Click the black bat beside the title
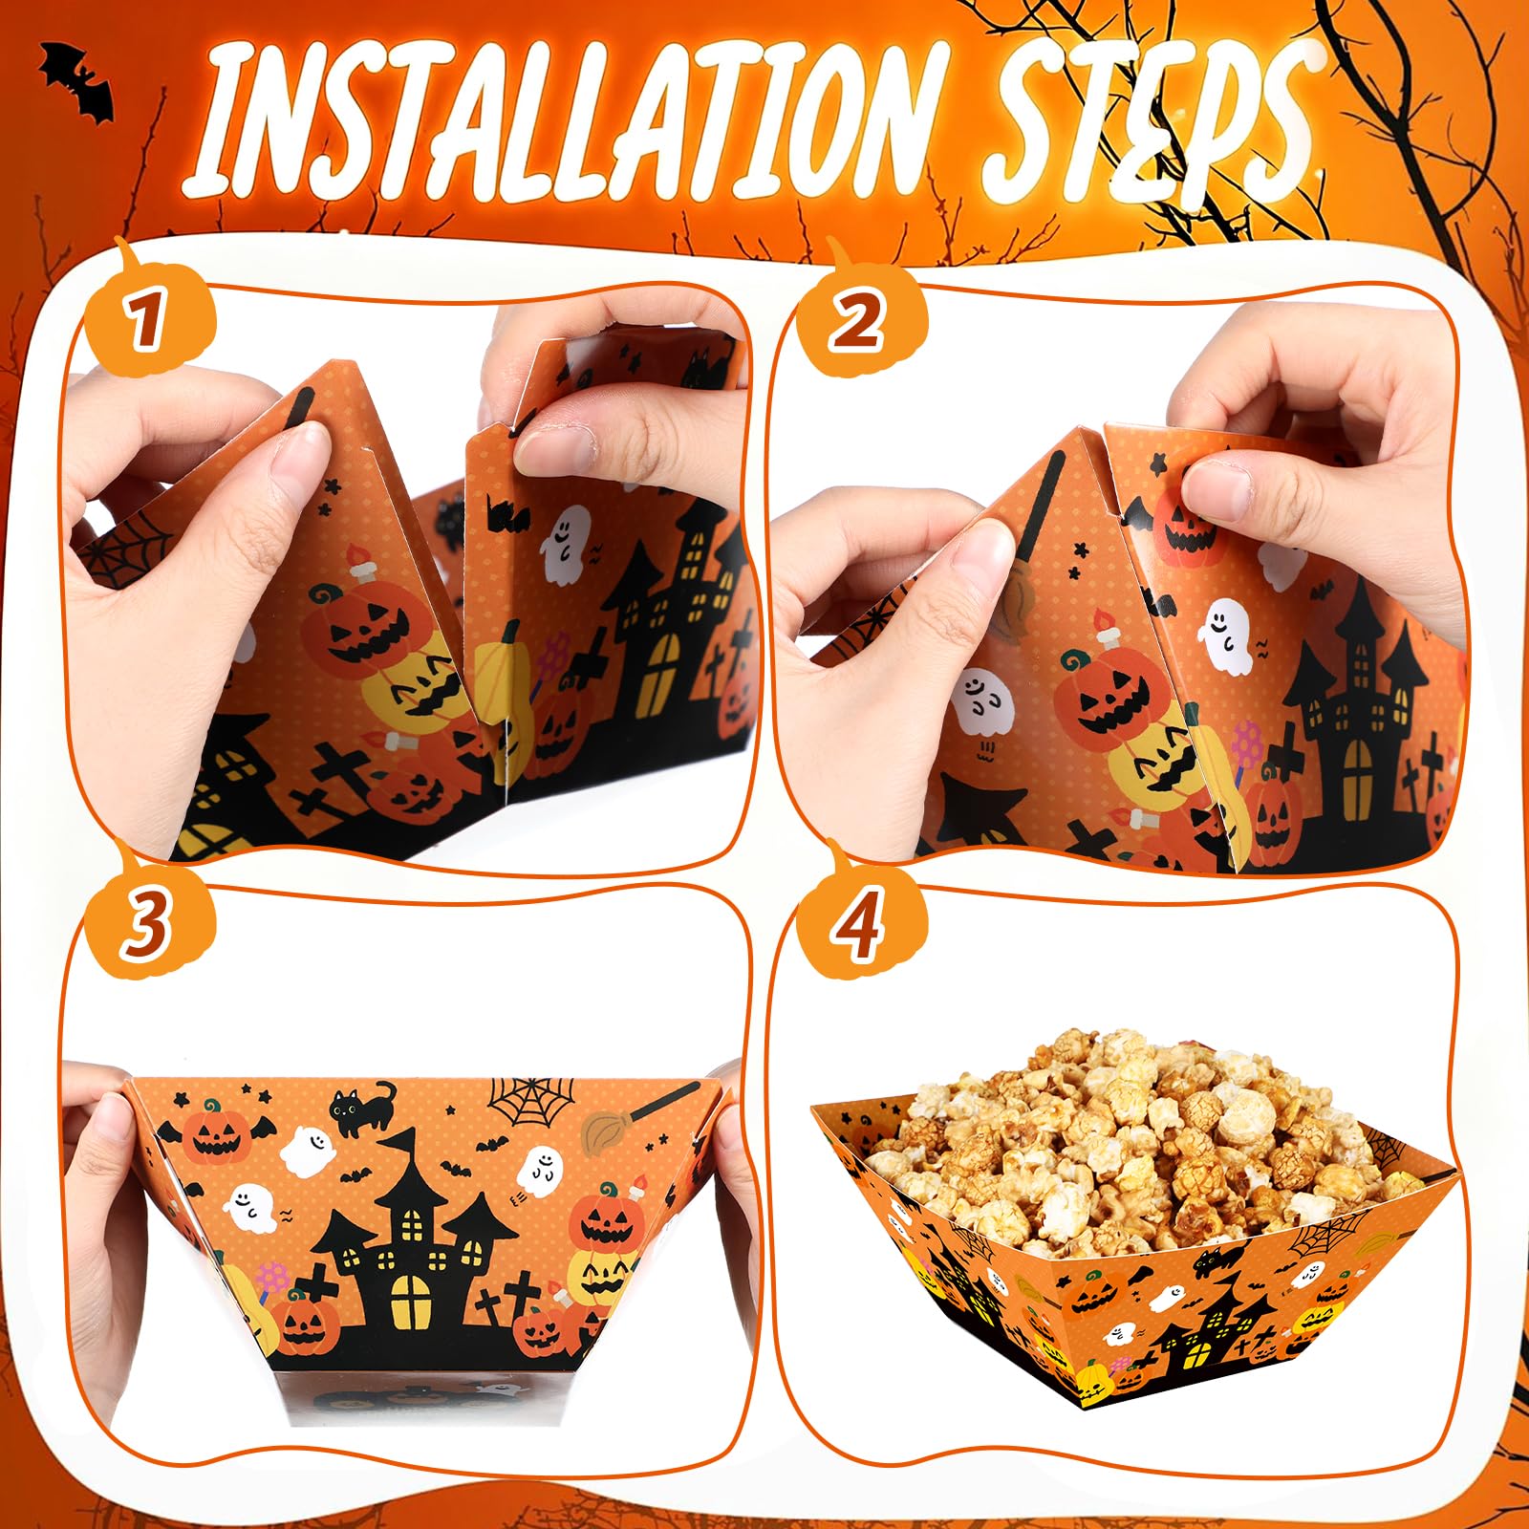pyautogui.click(x=78, y=82)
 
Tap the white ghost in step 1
pyautogui.click(x=565, y=544)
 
